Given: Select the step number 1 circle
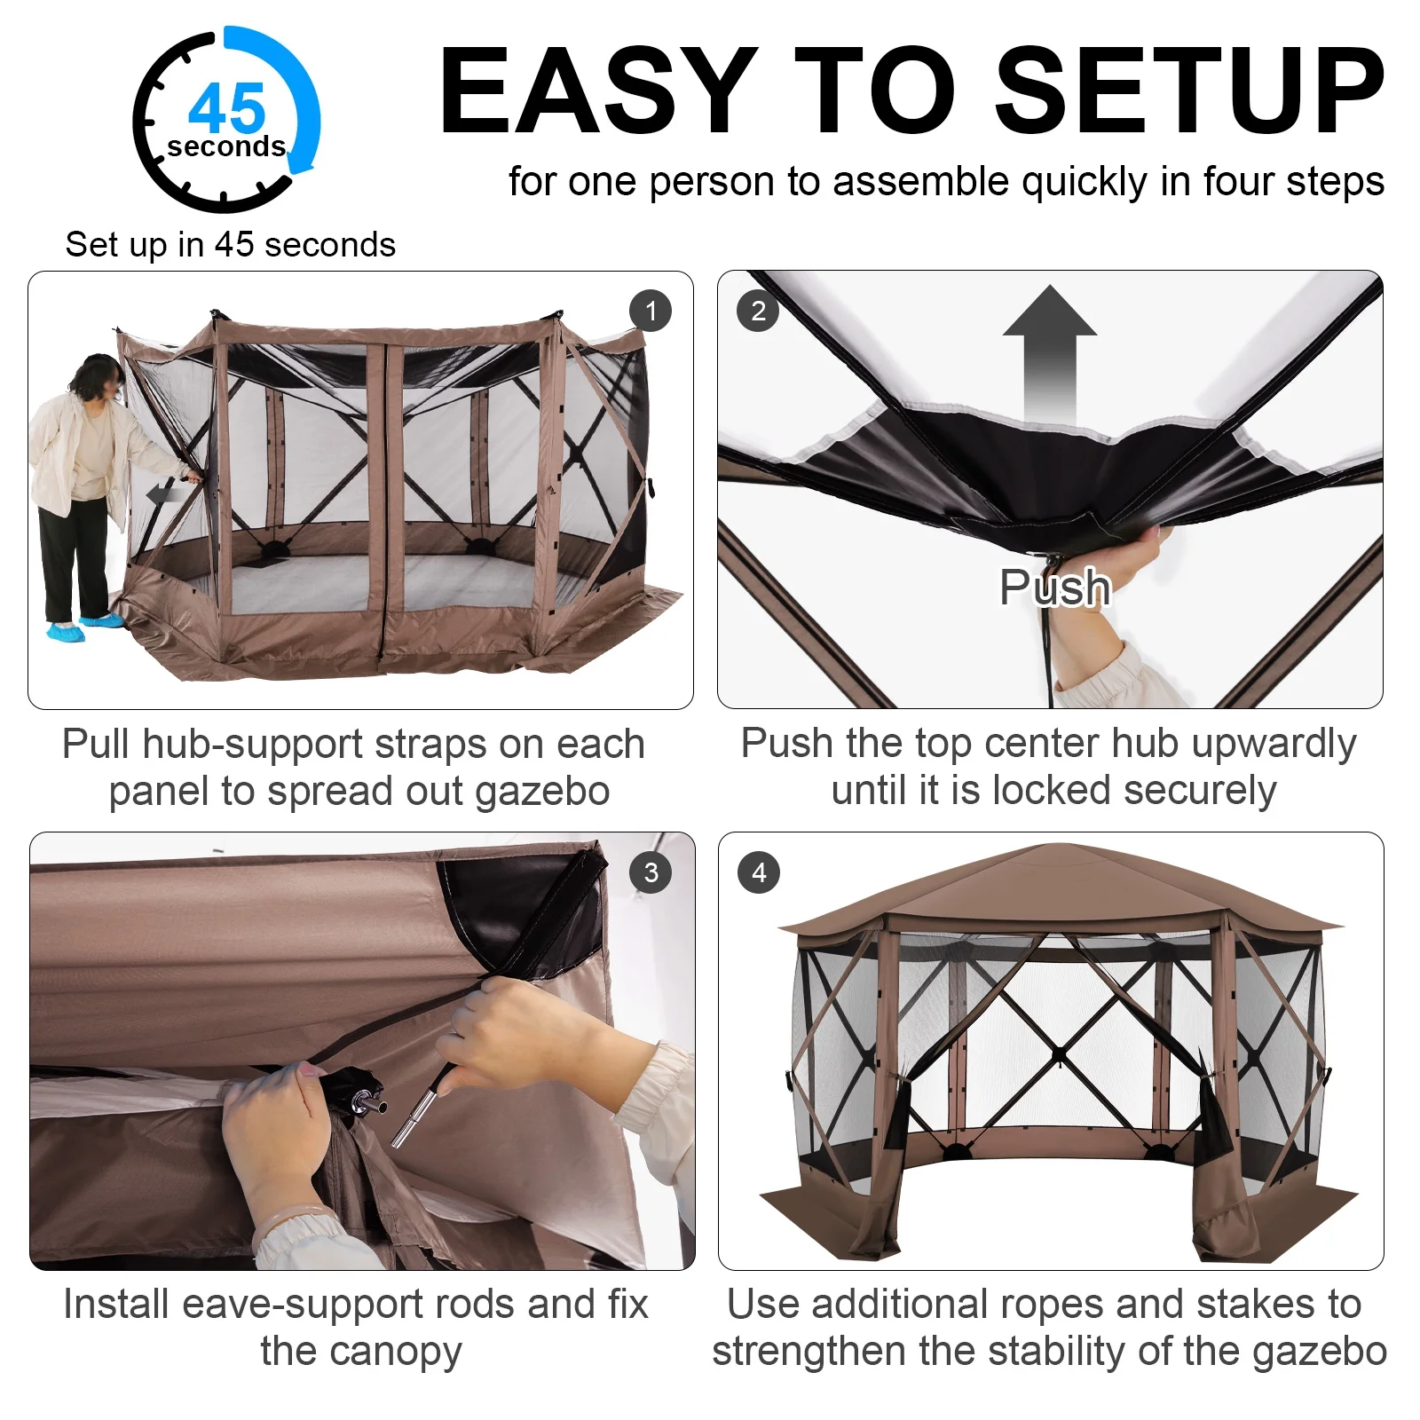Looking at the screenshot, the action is [x=651, y=312].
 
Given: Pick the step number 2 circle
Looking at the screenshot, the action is [x=758, y=311].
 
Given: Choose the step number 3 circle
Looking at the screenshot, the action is [x=651, y=872].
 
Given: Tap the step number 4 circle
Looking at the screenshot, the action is [x=759, y=872].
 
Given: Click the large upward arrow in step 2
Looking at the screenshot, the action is [x=1050, y=355].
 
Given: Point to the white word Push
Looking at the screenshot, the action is [x=1055, y=587].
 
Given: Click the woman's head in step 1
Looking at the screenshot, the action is [x=98, y=378].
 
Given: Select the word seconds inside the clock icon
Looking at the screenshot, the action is [x=226, y=146].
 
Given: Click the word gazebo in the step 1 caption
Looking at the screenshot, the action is [x=542, y=793].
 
